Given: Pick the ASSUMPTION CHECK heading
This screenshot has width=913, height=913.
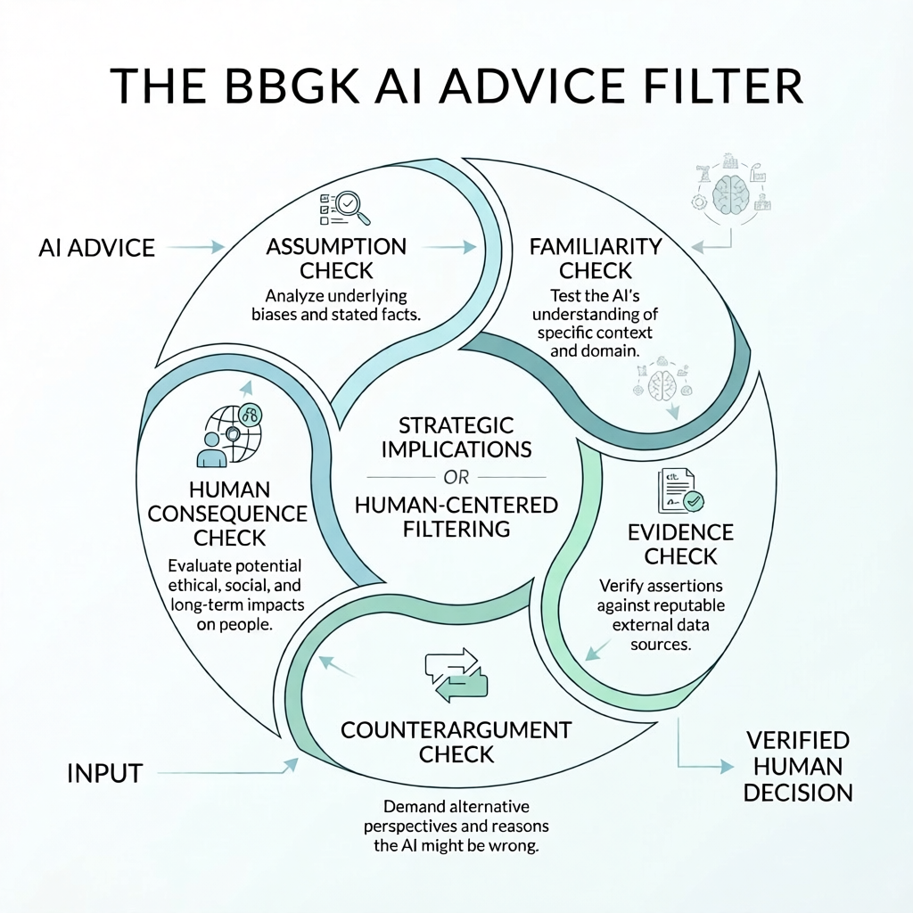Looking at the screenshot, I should [336, 258].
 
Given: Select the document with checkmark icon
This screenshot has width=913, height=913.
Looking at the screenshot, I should [679, 489].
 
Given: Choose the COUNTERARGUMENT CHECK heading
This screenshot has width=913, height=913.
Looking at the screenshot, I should [456, 742].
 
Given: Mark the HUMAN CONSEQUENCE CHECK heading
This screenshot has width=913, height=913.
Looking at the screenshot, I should [227, 514].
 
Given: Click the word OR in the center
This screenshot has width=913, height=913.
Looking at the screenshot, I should [456, 475].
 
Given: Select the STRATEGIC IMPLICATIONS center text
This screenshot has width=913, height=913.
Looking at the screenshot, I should [456, 436].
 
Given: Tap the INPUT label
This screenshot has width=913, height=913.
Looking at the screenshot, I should [104, 773].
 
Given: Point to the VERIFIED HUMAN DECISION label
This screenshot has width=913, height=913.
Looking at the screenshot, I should [797, 767].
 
